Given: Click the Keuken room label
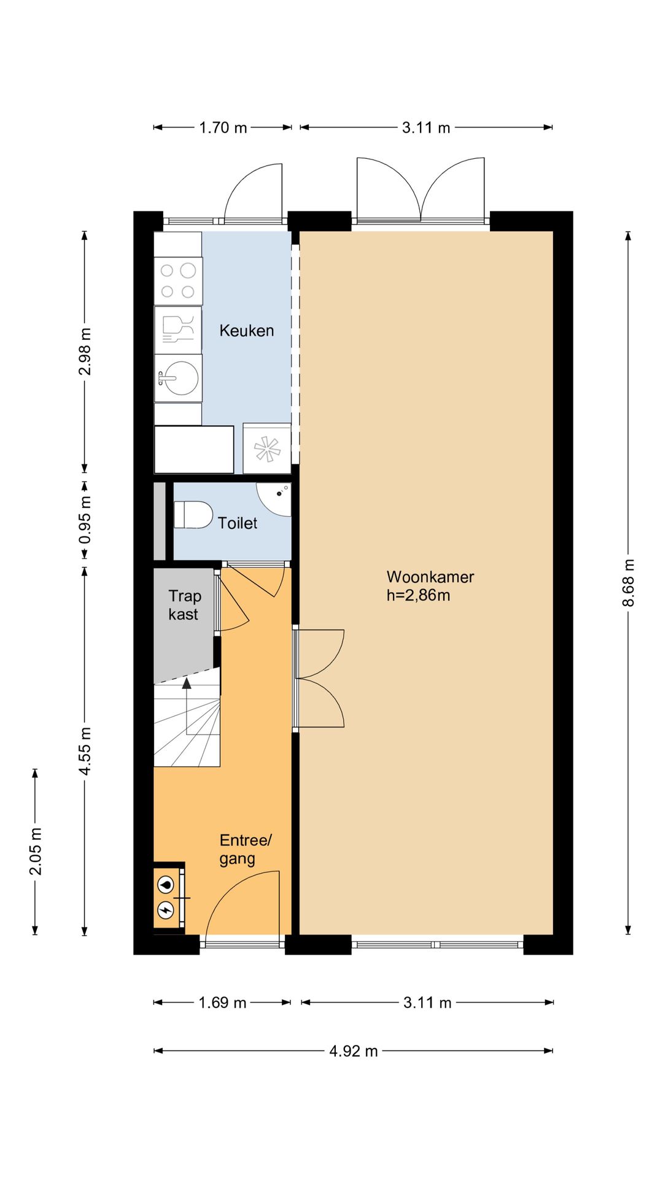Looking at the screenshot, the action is [247, 331].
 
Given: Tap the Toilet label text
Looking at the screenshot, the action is [238, 523].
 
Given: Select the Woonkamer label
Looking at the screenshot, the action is [430, 577].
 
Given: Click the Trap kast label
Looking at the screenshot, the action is [184, 605].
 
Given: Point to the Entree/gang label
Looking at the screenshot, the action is [246, 850].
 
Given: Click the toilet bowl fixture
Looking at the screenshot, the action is [193, 515].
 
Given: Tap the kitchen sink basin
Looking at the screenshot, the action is [178, 377].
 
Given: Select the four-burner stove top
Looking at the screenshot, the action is [178, 281].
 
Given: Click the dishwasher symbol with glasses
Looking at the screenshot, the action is [178, 329].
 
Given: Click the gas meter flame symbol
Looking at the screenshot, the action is [166, 885].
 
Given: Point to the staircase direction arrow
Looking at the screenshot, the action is [187, 706].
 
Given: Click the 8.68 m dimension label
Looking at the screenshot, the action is [628, 583].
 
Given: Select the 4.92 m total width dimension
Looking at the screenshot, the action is [354, 1051].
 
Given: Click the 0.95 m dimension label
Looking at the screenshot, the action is [85, 520].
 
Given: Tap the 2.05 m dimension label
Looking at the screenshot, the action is [36, 852].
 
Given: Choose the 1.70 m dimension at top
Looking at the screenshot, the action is [223, 128].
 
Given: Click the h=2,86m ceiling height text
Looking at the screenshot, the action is [418, 595].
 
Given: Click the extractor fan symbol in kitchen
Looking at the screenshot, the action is [267, 448].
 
